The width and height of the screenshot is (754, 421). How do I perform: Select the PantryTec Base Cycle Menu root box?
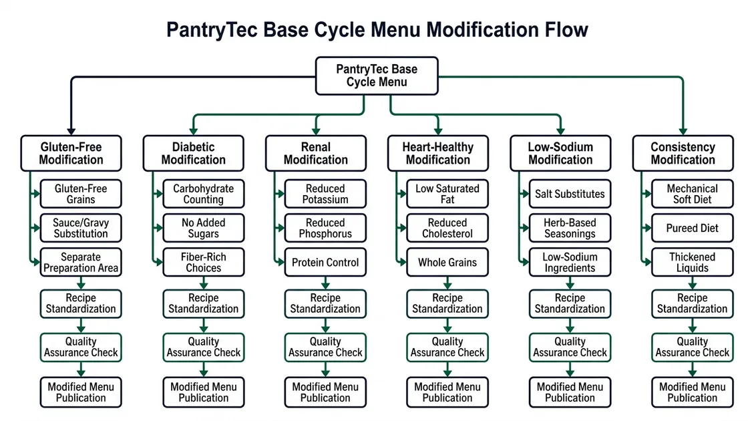[377, 76]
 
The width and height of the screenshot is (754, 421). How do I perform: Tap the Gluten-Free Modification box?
[71, 153]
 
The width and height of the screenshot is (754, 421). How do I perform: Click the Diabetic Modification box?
[193, 153]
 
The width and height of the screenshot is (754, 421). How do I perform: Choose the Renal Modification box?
[315, 153]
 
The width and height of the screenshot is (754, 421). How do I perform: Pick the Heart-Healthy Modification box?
[438, 153]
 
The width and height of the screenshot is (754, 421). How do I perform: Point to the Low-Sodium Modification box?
[560, 153]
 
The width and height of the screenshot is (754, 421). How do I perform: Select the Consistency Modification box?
[683, 153]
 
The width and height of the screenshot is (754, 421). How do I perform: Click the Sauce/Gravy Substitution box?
[81, 228]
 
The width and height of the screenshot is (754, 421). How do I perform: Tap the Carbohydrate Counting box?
[203, 194]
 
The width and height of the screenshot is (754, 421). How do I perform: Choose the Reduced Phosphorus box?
[325, 228]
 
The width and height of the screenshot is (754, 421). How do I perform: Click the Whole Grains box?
[447, 262]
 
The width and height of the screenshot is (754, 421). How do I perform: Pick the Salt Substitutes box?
[570, 194]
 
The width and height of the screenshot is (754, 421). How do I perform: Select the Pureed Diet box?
[693, 228]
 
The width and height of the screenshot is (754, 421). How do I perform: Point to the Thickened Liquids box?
[693, 262]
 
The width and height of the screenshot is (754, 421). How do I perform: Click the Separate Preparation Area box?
[81, 262]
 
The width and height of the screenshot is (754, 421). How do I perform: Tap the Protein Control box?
[325, 262]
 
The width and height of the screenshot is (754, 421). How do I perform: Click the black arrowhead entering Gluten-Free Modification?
[71, 132]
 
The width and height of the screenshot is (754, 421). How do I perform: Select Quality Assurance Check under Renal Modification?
[325, 347]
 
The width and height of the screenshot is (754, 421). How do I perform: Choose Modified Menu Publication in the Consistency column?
[693, 392]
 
